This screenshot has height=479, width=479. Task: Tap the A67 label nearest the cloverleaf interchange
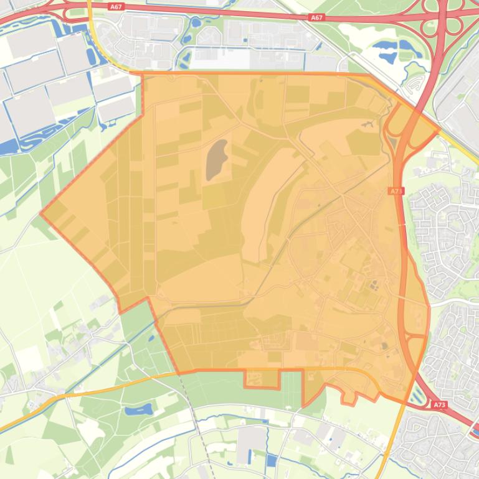(x=316, y=17)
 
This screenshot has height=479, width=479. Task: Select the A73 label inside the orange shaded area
(x=397, y=191)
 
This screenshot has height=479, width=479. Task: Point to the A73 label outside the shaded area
(x=440, y=405)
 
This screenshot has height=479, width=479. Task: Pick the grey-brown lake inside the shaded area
(x=216, y=159)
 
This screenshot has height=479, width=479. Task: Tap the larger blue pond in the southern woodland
(x=138, y=410)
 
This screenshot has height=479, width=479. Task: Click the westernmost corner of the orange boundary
(x=40, y=213)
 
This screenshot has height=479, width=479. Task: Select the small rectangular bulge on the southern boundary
(x=261, y=379)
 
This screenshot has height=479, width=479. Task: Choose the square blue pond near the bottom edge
(x=272, y=461)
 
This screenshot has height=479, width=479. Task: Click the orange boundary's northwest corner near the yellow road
(x=143, y=73)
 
